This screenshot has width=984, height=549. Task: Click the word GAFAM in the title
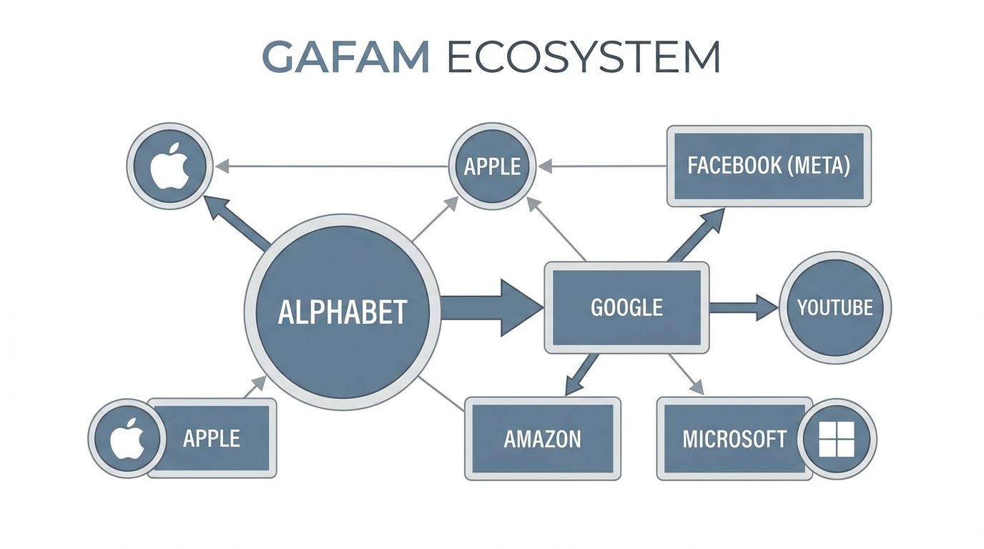(x=345, y=57)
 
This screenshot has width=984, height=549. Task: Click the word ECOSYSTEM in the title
(x=583, y=57)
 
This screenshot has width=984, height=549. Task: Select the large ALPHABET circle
(x=342, y=312)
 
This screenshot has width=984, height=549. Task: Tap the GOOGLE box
(x=626, y=307)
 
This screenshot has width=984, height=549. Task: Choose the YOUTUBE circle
(x=835, y=308)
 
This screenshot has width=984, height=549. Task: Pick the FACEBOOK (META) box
(x=769, y=167)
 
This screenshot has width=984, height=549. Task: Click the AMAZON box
(x=542, y=438)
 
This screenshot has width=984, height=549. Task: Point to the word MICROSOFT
(x=734, y=438)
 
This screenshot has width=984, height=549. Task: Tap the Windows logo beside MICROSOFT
(x=837, y=438)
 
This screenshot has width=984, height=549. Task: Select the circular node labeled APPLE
(x=492, y=167)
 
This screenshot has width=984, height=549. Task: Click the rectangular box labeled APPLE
(x=212, y=437)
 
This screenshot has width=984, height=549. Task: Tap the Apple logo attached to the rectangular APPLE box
(x=127, y=437)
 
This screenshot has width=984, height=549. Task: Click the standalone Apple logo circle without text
(x=170, y=167)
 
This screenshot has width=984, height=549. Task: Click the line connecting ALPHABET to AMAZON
(x=441, y=392)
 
